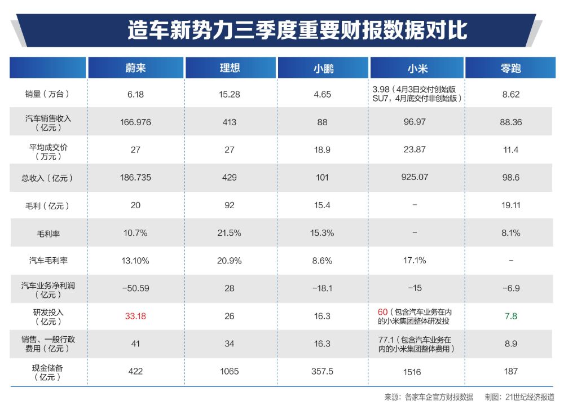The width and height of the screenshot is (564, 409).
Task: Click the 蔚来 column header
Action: coord(135,68)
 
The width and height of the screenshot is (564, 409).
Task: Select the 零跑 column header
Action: coord(510,68)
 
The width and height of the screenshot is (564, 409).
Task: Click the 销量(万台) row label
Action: coord(47,94)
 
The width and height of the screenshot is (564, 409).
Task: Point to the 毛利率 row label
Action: coord(47,232)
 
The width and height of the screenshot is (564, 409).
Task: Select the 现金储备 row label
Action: coord(47,371)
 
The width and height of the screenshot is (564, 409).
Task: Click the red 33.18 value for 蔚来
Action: coord(135,316)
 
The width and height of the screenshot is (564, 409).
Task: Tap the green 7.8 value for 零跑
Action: coord(510,316)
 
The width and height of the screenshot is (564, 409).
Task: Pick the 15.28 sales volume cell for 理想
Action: coord(230,94)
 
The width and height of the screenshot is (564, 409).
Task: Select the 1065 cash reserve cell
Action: coord(230,371)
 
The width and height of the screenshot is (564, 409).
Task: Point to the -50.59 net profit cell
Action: coord(135,288)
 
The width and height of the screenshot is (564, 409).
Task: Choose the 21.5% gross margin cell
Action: coord(230,232)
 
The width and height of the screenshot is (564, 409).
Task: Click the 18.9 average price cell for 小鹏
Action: coord(322,150)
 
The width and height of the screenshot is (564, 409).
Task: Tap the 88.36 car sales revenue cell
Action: coord(510,122)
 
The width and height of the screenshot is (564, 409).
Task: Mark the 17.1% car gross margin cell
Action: coord(415,261)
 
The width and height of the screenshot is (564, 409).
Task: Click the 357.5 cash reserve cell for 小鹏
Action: coord(322,371)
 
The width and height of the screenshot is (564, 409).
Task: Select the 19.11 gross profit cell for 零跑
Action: coord(510,205)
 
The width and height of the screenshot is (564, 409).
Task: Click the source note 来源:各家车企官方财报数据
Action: coord(429,397)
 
